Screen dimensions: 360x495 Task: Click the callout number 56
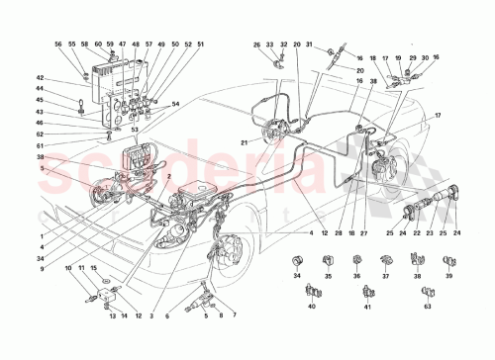pyautogui.click(x=57, y=45)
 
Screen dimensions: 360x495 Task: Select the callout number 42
pyautogui.click(x=41, y=78)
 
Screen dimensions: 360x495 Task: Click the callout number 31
pyautogui.click(x=308, y=45)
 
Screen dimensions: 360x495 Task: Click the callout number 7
pyautogui.click(x=235, y=315)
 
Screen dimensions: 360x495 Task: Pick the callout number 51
pyautogui.click(x=202, y=45)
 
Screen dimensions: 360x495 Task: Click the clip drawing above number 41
pyautogui.click(x=367, y=293)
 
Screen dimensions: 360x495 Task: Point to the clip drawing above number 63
pyautogui.click(x=427, y=293)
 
